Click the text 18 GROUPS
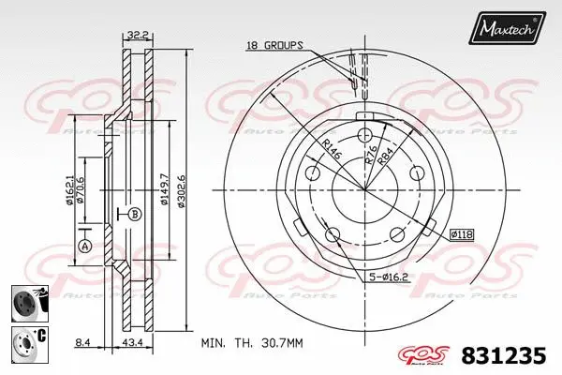click(x=274, y=45)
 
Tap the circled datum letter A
click(x=84, y=247)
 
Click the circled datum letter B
click(x=135, y=213)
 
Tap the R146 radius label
click(x=334, y=151)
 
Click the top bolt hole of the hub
click(x=365, y=132)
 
